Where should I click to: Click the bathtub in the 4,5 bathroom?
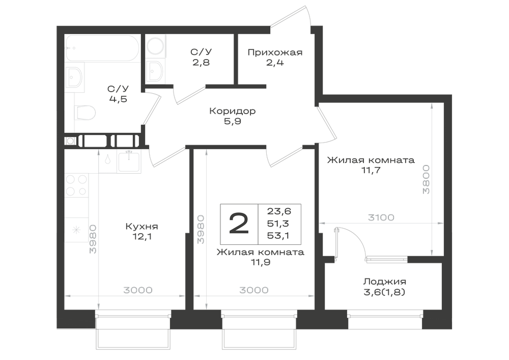102,48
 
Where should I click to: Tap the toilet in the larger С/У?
85,113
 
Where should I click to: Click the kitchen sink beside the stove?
129,161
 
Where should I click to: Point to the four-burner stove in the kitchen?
76,185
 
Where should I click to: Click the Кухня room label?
142,226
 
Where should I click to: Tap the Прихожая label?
275,52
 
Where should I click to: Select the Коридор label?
233,111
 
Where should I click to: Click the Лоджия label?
385,282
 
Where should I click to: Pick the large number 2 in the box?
239,224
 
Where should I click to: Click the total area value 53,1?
279,235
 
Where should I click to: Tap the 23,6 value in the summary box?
279,211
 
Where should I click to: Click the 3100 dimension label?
381,217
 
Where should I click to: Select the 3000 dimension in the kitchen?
138,290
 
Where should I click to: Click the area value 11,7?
371,170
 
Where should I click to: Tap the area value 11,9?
260,262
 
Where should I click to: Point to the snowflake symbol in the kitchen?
76,230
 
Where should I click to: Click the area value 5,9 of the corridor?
232,121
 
